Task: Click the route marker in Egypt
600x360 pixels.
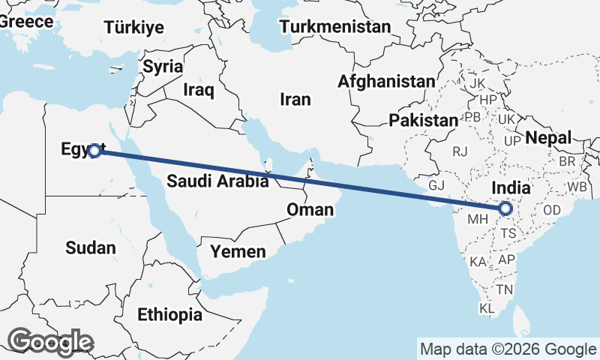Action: click(94, 151)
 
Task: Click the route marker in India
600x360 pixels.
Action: click(505, 208)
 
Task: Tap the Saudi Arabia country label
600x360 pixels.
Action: click(217, 181)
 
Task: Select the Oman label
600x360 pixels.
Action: click(310, 209)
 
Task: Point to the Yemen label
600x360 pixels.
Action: click(238, 251)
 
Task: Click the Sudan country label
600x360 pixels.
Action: click(91, 247)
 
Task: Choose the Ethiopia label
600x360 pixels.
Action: click(169, 314)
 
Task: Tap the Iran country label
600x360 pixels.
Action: click(295, 99)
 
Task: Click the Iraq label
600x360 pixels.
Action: click(199, 91)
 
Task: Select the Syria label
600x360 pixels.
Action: click(163, 67)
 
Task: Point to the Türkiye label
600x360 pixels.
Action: click(133, 28)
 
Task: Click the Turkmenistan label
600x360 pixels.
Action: click(335, 27)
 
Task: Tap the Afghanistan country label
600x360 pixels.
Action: click(386, 81)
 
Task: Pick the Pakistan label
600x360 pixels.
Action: click(423, 120)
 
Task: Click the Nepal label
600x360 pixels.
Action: click(548, 137)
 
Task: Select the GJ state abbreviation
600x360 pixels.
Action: click(437, 184)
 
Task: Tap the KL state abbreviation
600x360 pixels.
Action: click(487, 308)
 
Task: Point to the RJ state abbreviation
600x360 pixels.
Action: click(460, 151)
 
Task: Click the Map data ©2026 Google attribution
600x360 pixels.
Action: click(508, 349)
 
